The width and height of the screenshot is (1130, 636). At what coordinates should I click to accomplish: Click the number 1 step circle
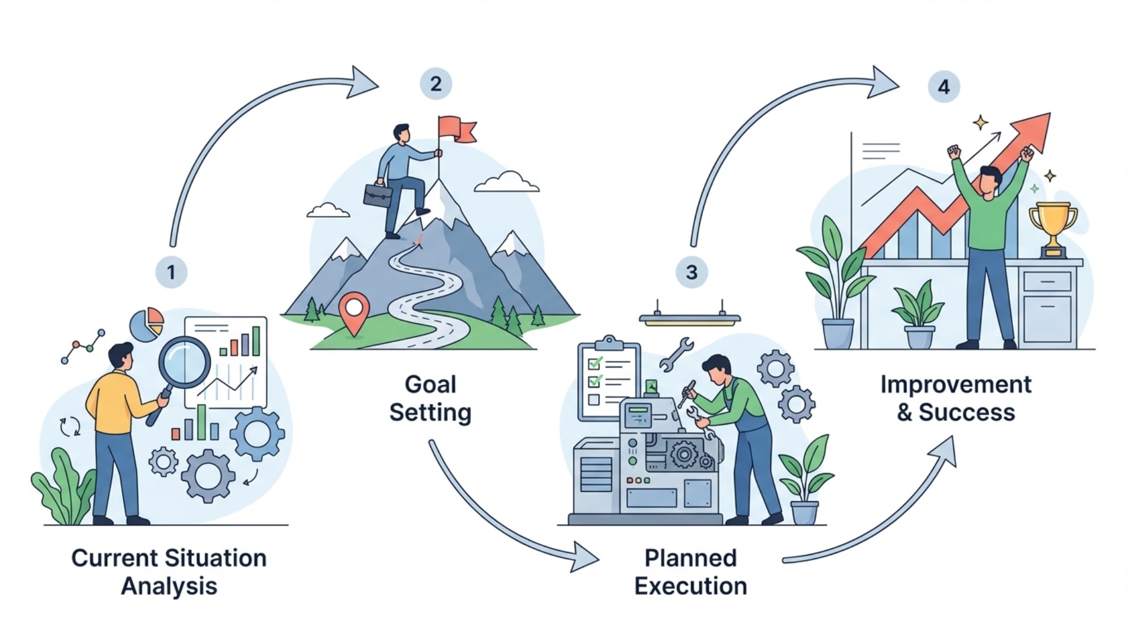click(171, 272)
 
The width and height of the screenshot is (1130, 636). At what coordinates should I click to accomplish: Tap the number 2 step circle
click(436, 84)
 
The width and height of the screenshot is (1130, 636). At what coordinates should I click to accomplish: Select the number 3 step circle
click(692, 272)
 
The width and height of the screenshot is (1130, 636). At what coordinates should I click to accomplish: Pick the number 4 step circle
click(943, 87)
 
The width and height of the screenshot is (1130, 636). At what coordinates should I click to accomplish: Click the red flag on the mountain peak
click(457, 128)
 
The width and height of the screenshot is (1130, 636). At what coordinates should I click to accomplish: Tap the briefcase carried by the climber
click(377, 195)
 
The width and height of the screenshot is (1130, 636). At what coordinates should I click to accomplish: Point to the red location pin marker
click(354, 311)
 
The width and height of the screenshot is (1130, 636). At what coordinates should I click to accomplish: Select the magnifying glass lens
click(184, 362)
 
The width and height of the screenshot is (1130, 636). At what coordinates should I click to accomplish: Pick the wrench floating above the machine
click(676, 353)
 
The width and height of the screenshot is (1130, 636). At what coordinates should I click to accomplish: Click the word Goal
click(430, 385)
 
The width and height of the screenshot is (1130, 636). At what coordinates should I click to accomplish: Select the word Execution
click(690, 586)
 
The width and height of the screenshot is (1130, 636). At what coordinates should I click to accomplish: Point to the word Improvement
click(956, 385)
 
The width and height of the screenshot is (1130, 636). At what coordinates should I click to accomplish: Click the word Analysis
click(169, 586)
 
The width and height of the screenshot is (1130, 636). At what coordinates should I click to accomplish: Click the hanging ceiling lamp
click(690, 319)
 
